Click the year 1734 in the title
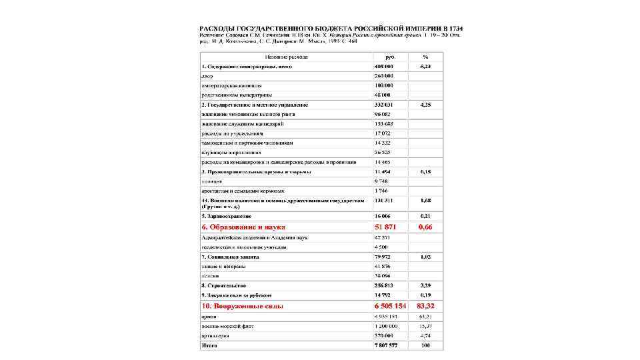[x=456, y=28]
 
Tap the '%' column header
[x=425, y=57]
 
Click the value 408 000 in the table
[x=384, y=67]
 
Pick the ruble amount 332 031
[x=384, y=105]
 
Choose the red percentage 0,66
[x=425, y=227]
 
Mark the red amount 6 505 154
[x=389, y=306]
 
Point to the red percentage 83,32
[x=425, y=306]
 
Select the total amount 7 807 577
[x=386, y=345]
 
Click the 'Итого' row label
[x=209, y=345]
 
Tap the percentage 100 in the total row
[x=425, y=345]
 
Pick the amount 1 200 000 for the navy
[x=386, y=326]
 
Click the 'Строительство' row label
[x=226, y=285]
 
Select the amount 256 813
[x=385, y=285]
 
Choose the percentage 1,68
[x=425, y=199]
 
